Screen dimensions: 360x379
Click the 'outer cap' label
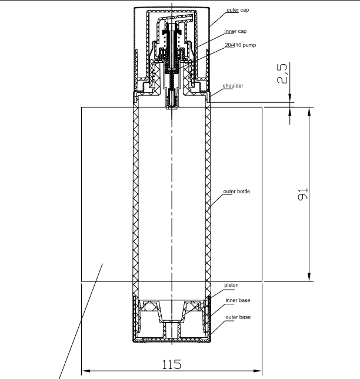point(238,10)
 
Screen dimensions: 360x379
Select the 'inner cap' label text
point(235,31)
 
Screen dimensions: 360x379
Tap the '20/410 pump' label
point(240,45)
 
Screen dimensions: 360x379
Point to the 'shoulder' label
point(233,86)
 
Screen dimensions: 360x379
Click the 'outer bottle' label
point(236,191)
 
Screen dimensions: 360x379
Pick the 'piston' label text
point(231,285)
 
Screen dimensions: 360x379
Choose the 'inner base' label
point(238,300)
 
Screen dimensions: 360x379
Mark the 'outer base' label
point(238,317)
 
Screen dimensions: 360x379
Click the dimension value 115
point(171,364)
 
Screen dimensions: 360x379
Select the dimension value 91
point(303,194)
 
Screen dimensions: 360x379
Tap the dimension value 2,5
point(282,73)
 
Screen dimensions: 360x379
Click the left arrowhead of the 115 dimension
point(86,371)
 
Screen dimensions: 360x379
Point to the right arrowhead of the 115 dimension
point(258,371)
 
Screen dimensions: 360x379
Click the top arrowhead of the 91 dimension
point(309,112)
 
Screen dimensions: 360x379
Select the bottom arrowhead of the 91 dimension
point(309,277)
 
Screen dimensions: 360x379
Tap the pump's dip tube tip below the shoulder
point(172,106)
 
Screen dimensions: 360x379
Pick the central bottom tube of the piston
point(172,329)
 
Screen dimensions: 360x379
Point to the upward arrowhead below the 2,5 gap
point(290,111)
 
